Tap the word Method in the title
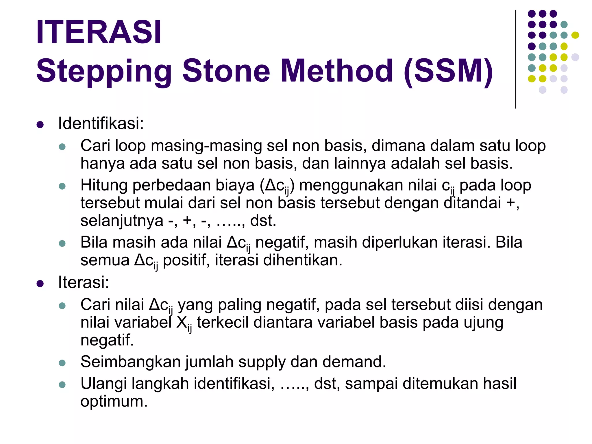[337, 71]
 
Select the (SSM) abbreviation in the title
[448, 71]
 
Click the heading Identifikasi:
[101, 123]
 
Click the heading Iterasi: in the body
[84, 282]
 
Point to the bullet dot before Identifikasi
[40, 125]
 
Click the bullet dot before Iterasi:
[40, 284]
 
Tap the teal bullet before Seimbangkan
[62, 363]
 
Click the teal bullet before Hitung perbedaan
[62, 186]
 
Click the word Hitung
[104, 185]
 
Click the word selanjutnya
[122, 221]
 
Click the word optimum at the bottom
[114, 402]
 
